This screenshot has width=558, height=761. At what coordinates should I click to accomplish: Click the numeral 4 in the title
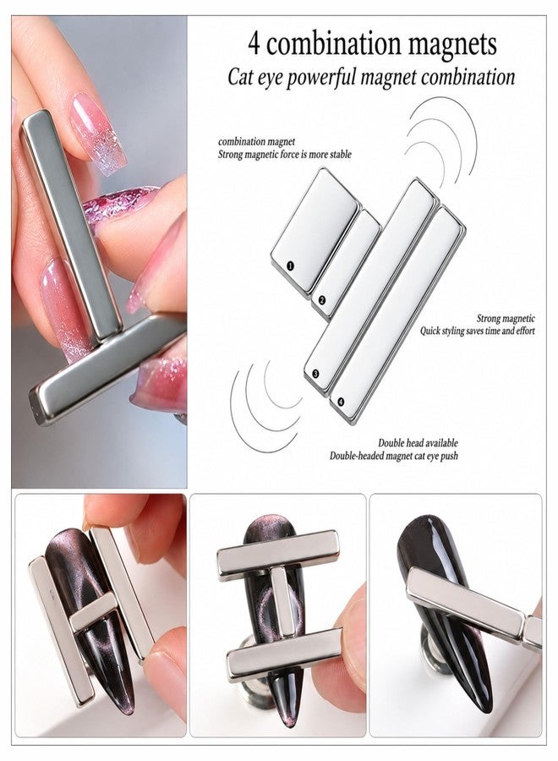[254, 44]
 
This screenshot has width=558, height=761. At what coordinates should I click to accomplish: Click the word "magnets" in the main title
[451, 45]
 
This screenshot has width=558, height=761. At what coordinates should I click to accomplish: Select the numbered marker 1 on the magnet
[290, 266]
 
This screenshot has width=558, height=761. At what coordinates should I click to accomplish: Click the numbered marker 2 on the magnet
[321, 300]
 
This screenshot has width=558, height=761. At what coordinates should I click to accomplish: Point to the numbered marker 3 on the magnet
[315, 374]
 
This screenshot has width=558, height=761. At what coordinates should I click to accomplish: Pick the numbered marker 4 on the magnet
[341, 402]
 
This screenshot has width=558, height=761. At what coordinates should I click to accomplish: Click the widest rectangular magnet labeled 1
[315, 222]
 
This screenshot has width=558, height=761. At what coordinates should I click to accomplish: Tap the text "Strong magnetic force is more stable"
[284, 155]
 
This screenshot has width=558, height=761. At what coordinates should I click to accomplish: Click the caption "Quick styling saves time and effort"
[478, 331]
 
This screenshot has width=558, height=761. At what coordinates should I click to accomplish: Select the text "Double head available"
[418, 443]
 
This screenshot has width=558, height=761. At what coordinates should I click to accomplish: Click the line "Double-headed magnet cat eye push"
[393, 456]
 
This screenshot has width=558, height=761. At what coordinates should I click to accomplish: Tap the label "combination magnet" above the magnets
[256, 142]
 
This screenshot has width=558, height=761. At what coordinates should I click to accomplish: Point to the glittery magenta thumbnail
[118, 205]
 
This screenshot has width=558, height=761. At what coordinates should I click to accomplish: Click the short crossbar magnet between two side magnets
[94, 612]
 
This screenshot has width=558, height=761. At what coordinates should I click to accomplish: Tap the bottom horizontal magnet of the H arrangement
[284, 654]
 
